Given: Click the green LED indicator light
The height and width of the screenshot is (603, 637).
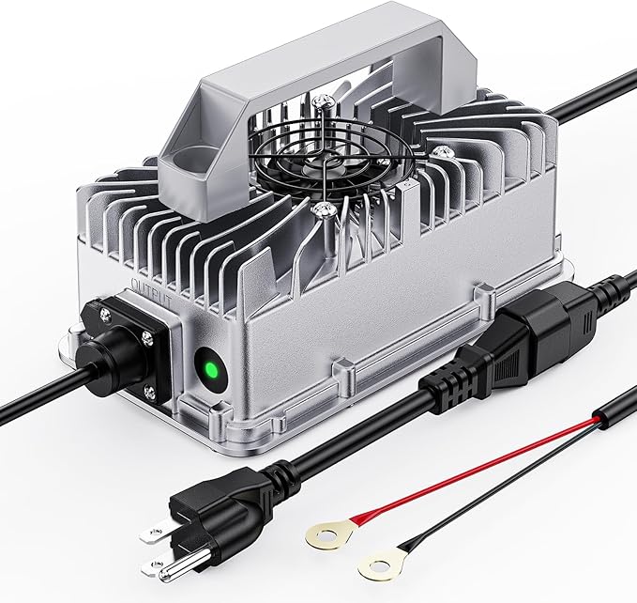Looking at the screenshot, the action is click(211, 370).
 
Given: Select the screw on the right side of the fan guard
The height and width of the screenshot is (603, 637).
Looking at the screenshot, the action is click(440, 152).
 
